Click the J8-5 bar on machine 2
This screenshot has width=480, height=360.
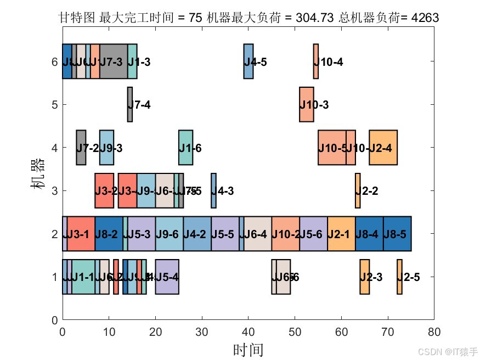397,234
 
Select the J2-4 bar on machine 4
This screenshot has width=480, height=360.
383,147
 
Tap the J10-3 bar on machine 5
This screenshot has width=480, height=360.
306,104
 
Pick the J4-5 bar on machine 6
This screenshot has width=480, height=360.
248,61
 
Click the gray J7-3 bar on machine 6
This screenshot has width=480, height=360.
114,61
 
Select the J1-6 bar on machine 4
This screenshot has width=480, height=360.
185,147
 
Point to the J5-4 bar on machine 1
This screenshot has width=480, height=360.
167,277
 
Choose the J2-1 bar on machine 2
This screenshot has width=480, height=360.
341,234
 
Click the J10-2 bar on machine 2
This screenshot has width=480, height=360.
285,234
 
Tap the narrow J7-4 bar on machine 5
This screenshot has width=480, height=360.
130,104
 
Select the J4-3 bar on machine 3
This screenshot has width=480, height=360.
213,190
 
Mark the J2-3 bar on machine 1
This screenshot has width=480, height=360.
364,277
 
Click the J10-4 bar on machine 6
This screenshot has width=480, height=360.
315,61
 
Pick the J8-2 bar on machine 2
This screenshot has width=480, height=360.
109,234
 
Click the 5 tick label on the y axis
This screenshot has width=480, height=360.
54,104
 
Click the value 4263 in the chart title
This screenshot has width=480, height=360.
425,18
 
